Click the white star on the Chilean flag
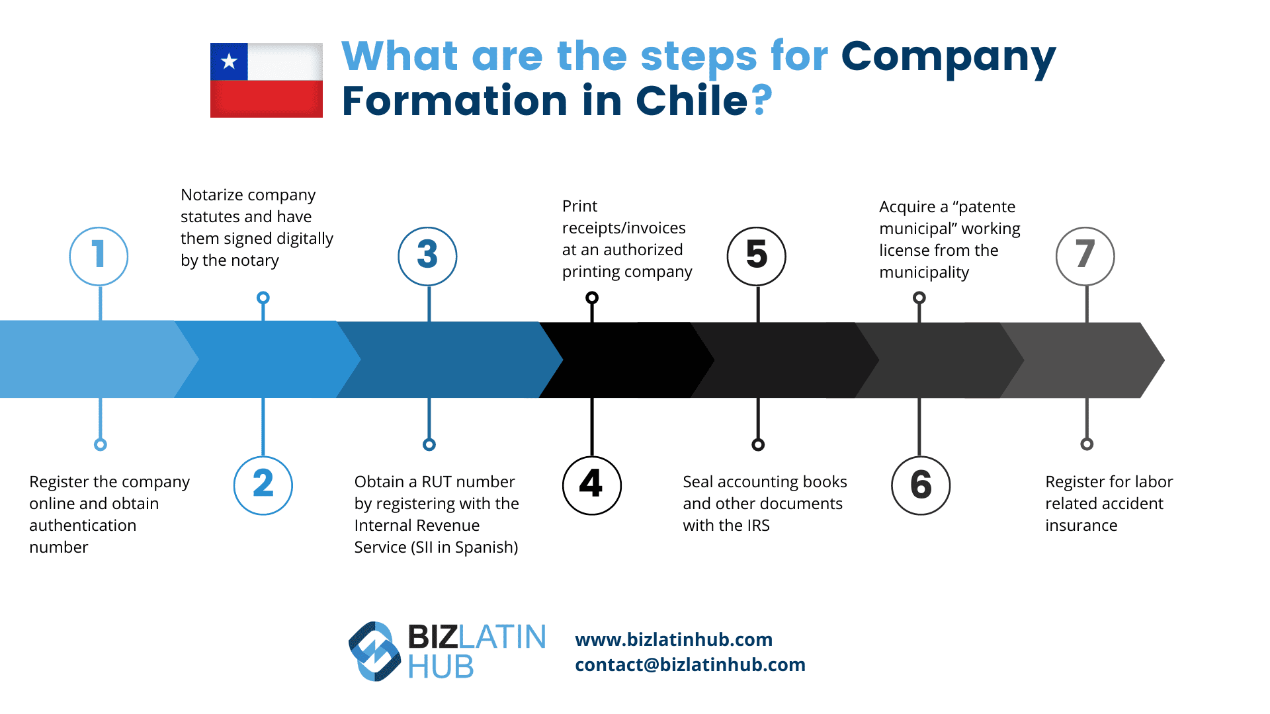[x=229, y=61]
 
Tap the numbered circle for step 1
[x=99, y=256]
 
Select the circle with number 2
[x=263, y=485]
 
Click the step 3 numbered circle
[x=427, y=256]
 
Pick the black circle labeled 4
[x=591, y=485]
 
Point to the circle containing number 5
[x=756, y=256]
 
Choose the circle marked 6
[x=921, y=485]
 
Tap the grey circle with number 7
[x=1085, y=256]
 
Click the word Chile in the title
[x=692, y=101]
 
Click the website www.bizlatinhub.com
[x=673, y=639]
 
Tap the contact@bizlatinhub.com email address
[x=690, y=664]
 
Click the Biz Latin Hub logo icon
[x=374, y=651]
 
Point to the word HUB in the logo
[x=441, y=666]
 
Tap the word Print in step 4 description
[x=579, y=206]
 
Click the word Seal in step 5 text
[x=698, y=482]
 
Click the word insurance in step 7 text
[x=1081, y=526]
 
